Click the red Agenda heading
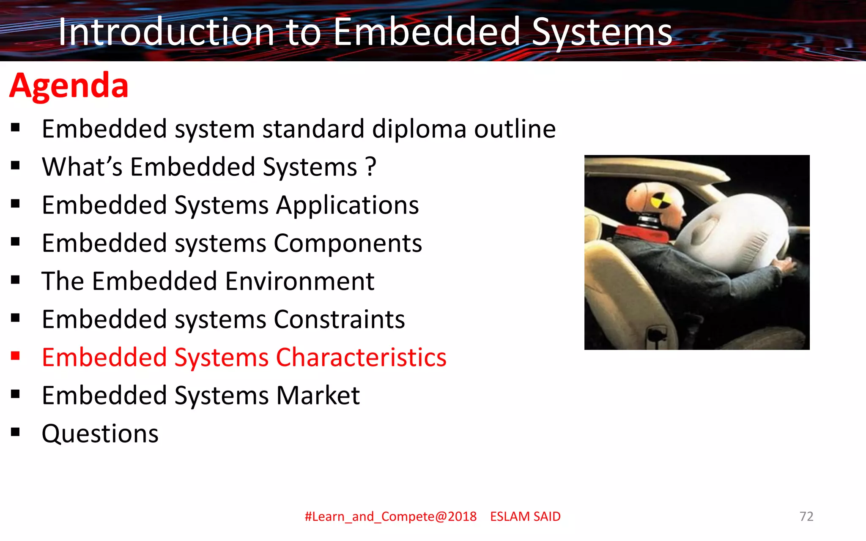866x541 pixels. coord(69,86)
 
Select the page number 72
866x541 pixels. coord(806,516)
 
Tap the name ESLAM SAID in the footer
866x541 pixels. coord(525,516)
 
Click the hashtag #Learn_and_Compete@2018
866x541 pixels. coord(390,516)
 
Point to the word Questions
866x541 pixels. coord(100,434)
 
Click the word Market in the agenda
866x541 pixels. coord(318,396)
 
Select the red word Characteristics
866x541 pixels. coord(361,358)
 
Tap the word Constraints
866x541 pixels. coord(340,320)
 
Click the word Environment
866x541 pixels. coord(300,281)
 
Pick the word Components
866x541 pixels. coord(348,243)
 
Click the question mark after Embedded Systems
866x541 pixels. coord(371,167)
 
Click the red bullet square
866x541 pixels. coord(16,356)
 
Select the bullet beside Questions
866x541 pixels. coord(16,432)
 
